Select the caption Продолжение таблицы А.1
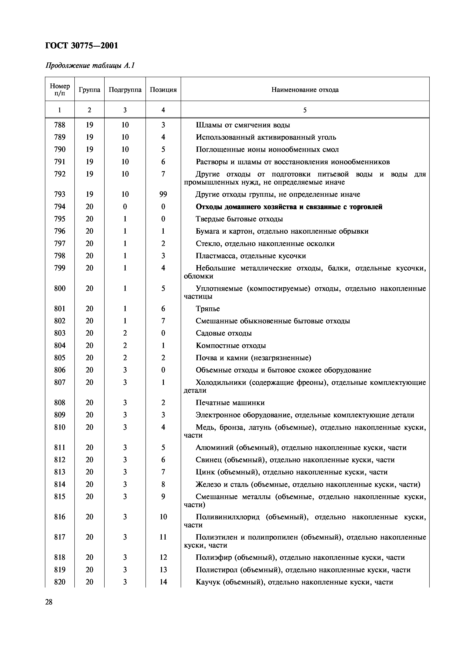90,66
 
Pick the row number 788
60,125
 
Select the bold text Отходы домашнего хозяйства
254,207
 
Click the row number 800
60,289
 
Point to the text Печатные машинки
230,403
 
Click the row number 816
60,517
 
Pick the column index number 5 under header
305,110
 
